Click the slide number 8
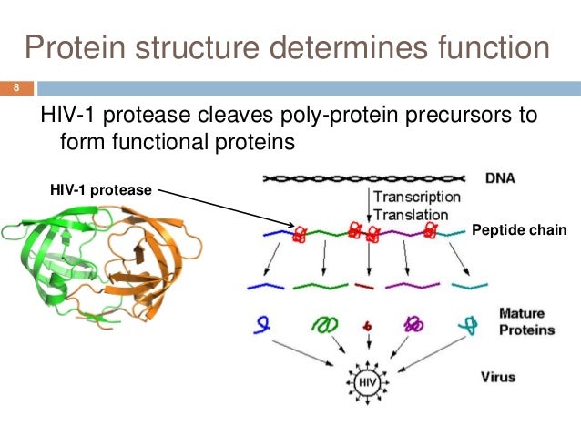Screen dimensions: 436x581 (15, 89)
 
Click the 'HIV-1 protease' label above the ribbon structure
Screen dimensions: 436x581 (101, 190)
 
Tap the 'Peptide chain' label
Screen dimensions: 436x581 (519, 232)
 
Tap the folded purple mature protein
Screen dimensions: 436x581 (413, 323)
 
